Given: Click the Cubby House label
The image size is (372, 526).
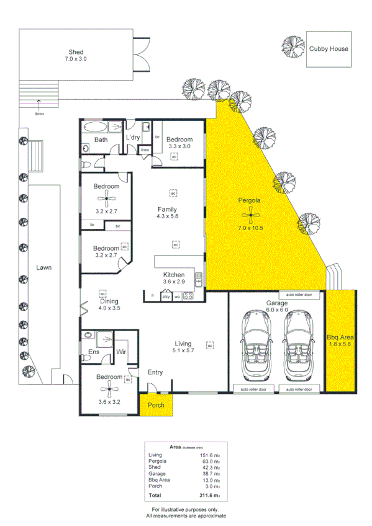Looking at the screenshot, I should coord(329,49).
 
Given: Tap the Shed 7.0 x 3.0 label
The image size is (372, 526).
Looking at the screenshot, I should coord(76,55).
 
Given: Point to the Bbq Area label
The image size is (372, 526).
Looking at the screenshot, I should coord(341,341).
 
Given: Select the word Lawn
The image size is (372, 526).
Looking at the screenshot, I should coord(43,268).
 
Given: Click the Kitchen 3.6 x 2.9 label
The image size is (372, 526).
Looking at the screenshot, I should coord(174,278).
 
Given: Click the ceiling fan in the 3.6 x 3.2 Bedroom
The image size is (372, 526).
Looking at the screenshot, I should coord(109,388).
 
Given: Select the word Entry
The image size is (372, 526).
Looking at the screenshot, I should coord(155,372).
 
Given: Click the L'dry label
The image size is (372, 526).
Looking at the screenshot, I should coord(132,137).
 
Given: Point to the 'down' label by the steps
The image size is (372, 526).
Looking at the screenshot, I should coord(39,114).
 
